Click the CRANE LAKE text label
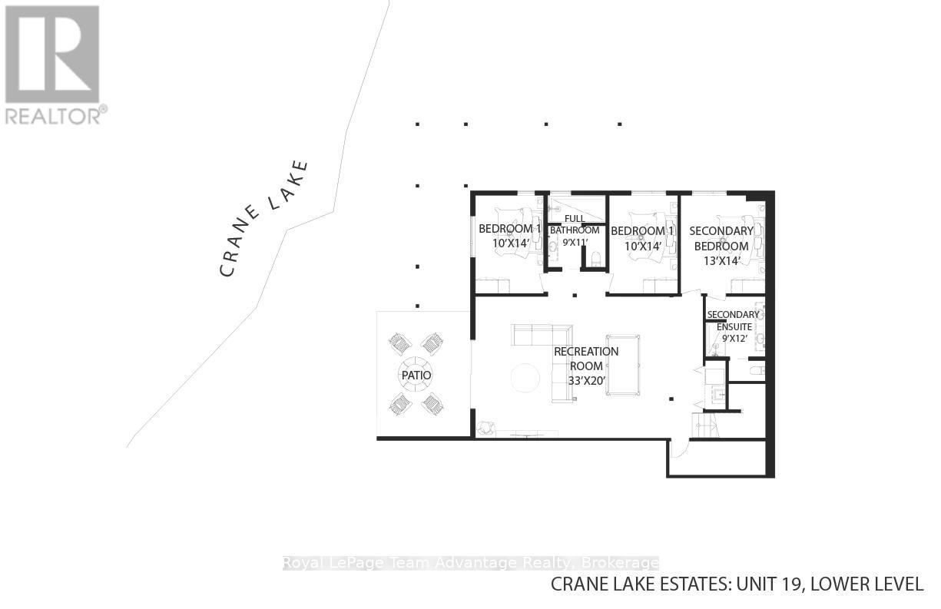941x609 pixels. click(x=263, y=218)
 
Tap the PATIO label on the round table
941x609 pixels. click(x=415, y=375)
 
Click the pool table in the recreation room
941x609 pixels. click(x=622, y=364)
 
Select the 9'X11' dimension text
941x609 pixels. click(x=574, y=243)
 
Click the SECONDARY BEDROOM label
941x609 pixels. click(x=721, y=238)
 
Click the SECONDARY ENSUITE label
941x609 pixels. click(x=733, y=320)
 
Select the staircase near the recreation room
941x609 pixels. click(x=704, y=425)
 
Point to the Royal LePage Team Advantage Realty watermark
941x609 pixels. click(x=471, y=563)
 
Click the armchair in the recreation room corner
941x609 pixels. click(x=485, y=428)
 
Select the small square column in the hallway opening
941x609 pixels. click(x=573, y=294)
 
